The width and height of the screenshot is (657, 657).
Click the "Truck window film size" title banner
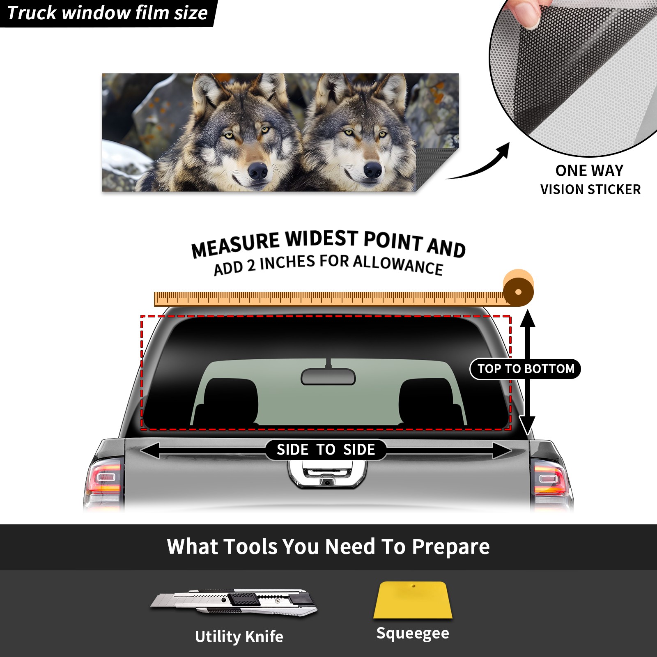click(x=108, y=13)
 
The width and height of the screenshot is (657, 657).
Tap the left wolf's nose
click(x=258, y=170)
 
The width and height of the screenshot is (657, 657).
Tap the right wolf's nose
click(x=373, y=169)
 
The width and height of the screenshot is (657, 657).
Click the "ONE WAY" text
click(x=589, y=170)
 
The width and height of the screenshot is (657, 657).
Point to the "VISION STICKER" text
click(x=590, y=190)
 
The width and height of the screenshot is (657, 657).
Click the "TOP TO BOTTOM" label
click(x=526, y=369)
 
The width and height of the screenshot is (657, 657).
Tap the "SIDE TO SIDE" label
click(x=326, y=450)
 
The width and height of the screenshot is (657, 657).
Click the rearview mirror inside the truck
click(x=328, y=376)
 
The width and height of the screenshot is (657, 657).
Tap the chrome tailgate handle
click(x=327, y=474)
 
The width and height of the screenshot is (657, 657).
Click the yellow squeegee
click(x=413, y=600)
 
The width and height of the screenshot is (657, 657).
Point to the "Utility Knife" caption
click(x=239, y=636)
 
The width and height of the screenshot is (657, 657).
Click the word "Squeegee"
click(x=413, y=633)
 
